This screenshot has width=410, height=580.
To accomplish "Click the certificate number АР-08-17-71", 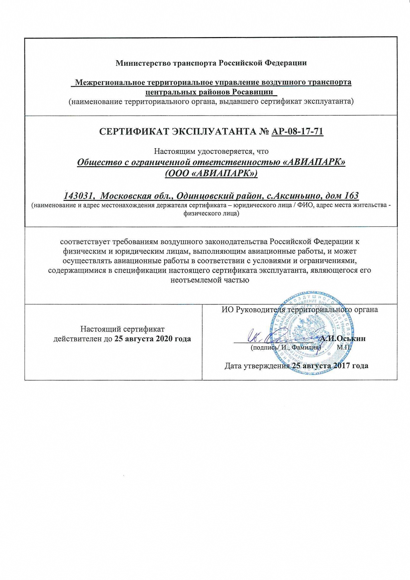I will coord(297,132).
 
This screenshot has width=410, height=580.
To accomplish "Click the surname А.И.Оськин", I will coord(343,339).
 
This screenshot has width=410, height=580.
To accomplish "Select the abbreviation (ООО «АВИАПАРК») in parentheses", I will coord(211,174).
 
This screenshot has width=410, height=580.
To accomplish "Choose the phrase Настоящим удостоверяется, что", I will coord(211,151).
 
